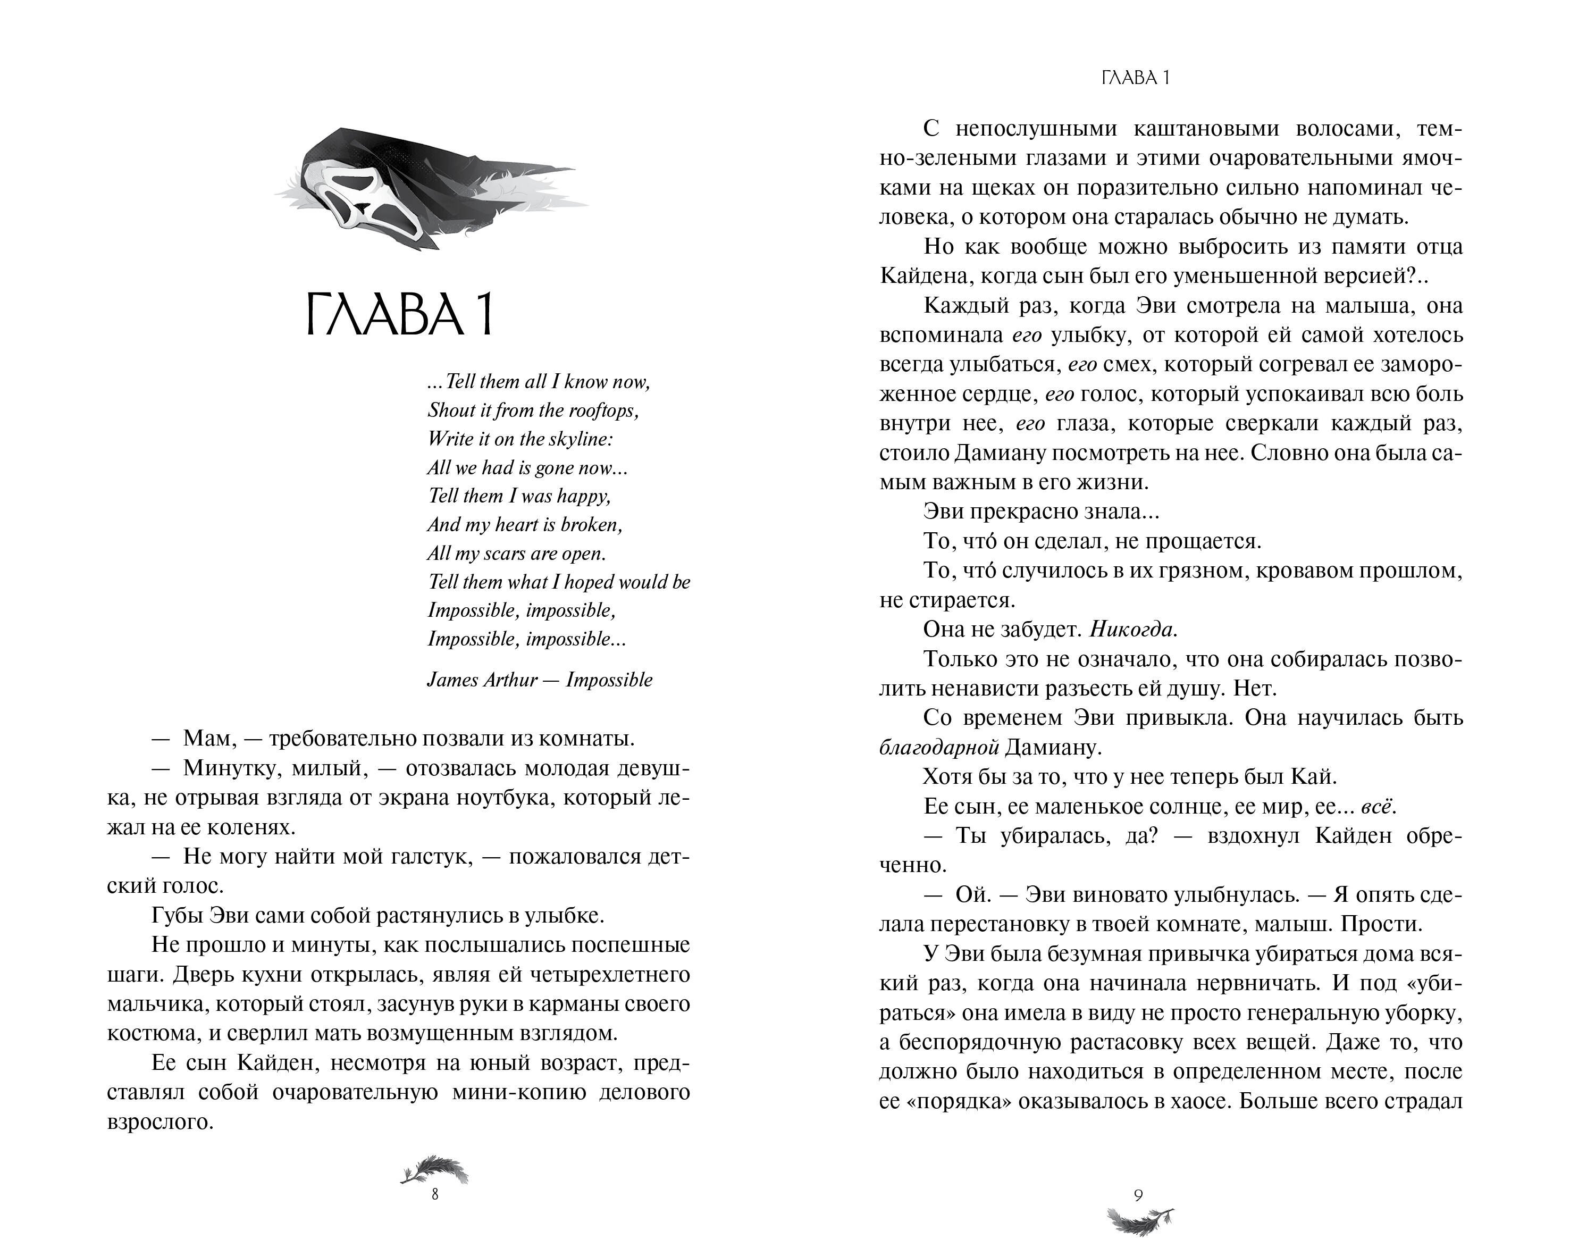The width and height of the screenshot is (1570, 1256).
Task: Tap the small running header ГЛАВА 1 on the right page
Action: click(1136, 79)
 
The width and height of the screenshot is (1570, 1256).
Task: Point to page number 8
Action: click(435, 1195)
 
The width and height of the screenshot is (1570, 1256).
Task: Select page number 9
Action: click(1138, 1195)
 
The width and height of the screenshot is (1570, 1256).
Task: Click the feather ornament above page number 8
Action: click(435, 1169)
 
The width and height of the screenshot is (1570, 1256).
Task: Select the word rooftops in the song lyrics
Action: click(603, 411)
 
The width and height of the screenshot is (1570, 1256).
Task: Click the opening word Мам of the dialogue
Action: click(209, 738)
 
